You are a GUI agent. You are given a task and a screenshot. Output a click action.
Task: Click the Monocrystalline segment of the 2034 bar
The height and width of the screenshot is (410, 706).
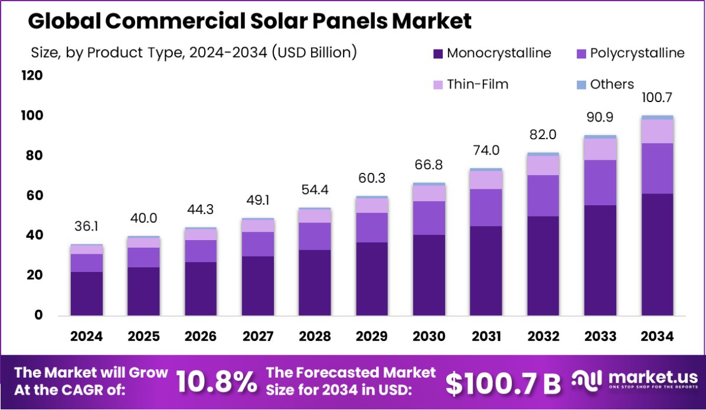[x=657, y=254]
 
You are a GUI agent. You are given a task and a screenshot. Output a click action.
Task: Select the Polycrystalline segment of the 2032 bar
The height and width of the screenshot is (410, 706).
[x=543, y=196]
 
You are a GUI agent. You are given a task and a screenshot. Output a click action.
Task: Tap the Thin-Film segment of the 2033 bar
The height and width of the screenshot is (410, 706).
[x=600, y=149]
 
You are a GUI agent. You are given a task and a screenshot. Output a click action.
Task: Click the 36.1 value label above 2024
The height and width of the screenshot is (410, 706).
[x=87, y=227]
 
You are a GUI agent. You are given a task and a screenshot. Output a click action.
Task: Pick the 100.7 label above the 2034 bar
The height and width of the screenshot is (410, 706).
[x=657, y=97]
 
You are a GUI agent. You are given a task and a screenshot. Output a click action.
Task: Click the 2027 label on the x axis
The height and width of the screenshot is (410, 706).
[x=258, y=336]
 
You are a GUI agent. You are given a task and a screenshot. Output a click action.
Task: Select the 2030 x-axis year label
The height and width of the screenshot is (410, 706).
[x=429, y=336]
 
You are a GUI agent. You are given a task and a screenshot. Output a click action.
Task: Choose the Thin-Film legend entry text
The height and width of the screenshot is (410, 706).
[x=478, y=84]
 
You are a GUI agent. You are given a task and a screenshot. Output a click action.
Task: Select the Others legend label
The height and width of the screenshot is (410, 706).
[x=612, y=84]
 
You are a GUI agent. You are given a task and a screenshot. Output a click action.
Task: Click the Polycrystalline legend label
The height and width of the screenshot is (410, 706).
[x=638, y=53]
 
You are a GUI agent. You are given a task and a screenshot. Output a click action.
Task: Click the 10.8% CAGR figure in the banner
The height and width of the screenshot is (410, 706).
[x=216, y=382]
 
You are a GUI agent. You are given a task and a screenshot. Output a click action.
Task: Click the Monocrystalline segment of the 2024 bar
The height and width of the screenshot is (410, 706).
[x=87, y=293]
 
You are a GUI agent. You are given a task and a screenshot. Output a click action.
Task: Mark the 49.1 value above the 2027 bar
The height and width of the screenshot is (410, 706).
[x=258, y=201]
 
